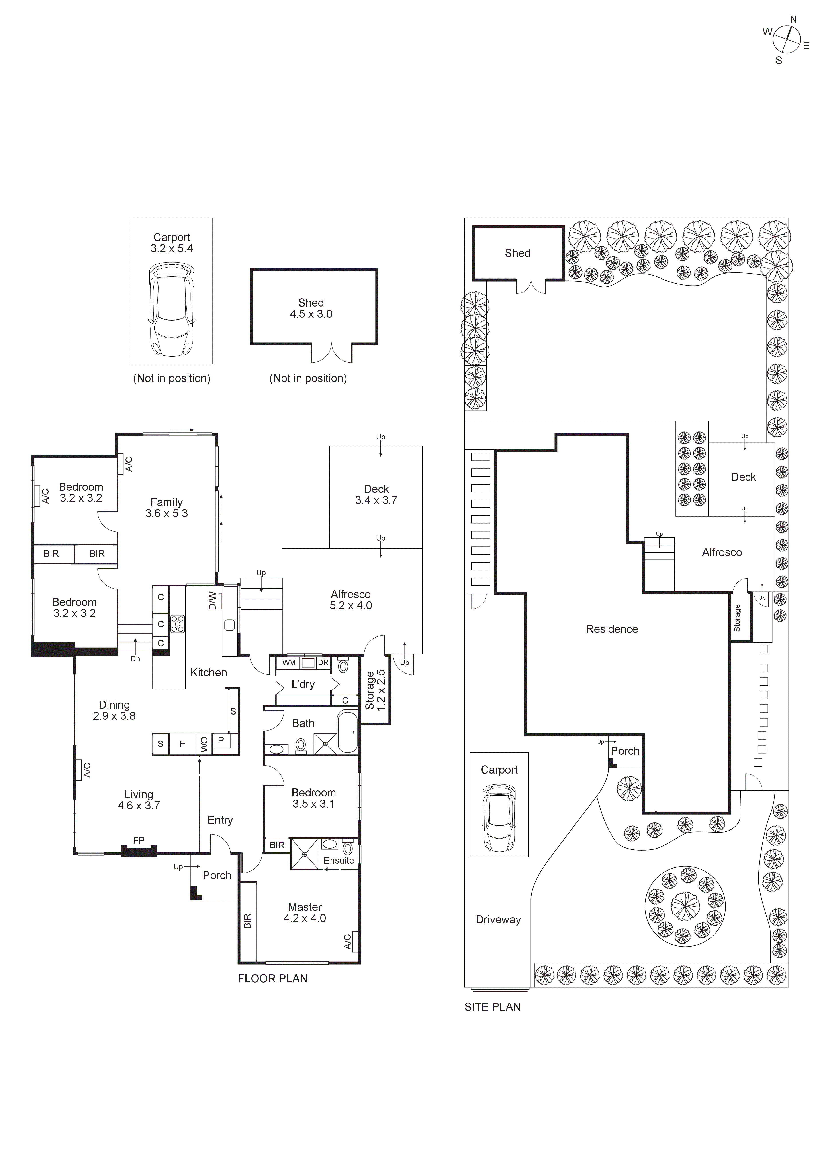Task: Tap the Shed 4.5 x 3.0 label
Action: point(311,308)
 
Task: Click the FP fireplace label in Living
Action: point(139,841)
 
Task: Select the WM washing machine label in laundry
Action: point(289,663)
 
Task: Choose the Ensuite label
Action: point(339,860)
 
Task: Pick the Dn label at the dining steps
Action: point(135,659)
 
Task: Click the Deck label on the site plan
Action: point(743,477)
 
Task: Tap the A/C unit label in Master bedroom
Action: point(348,941)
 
